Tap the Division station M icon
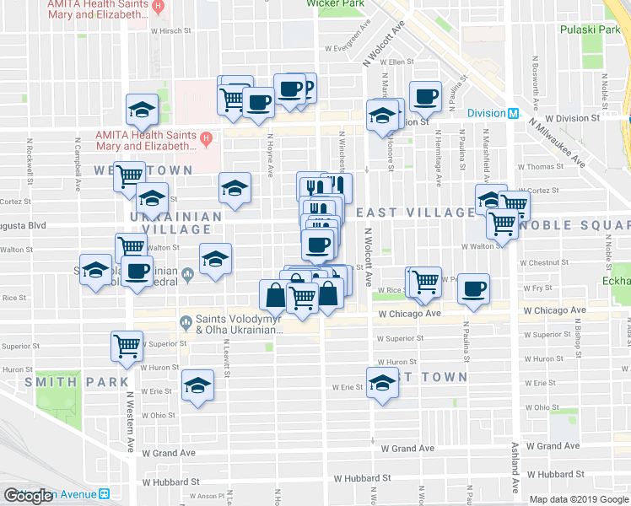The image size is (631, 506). (x=512, y=114)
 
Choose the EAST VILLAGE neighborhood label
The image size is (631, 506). (x=414, y=213)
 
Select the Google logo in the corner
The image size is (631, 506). (x=29, y=496)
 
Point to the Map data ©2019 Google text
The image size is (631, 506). (x=579, y=499)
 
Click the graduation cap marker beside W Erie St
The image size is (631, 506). (x=382, y=381)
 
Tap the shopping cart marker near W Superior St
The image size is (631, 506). (x=127, y=345)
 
